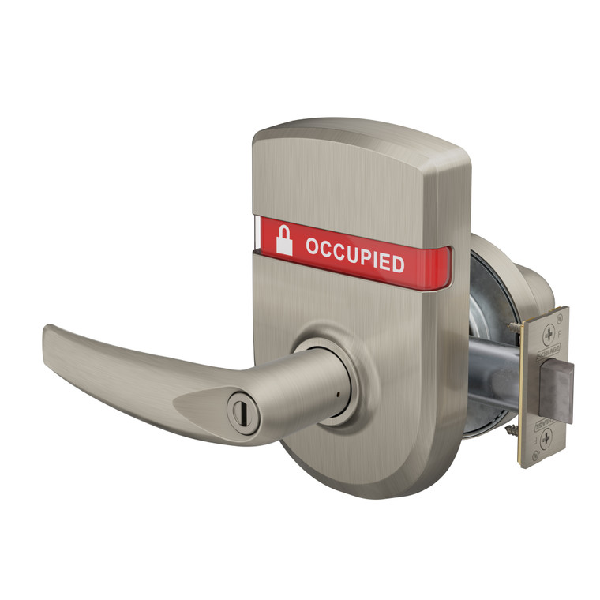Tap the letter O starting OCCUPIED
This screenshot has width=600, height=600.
tap(313, 246)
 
